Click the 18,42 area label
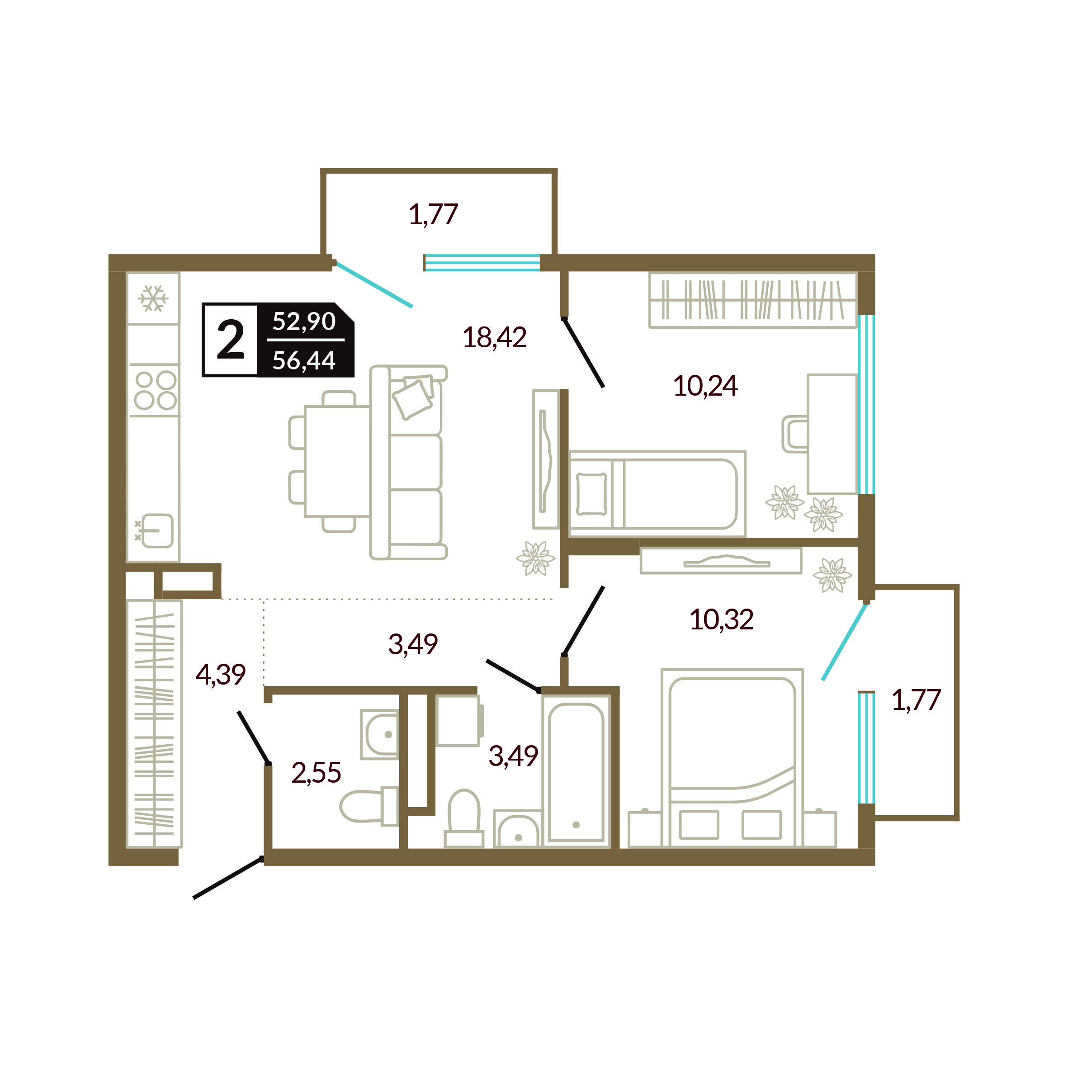tap(495, 337)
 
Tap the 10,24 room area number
tap(705, 386)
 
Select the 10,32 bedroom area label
tap(721, 619)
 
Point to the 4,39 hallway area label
tap(221, 675)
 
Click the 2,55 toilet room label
tap(316, 773)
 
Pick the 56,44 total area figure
tap(304, 360)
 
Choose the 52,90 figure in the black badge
tap(304, 321)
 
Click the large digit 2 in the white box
tap(231, 340)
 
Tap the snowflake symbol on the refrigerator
tap(153, 298)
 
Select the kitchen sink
tap(156, 531)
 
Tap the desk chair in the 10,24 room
tap(795, 434)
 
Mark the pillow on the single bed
tap(591, 494)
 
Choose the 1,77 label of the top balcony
tap(433, 214)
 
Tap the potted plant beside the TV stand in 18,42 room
tap(535, 558)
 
